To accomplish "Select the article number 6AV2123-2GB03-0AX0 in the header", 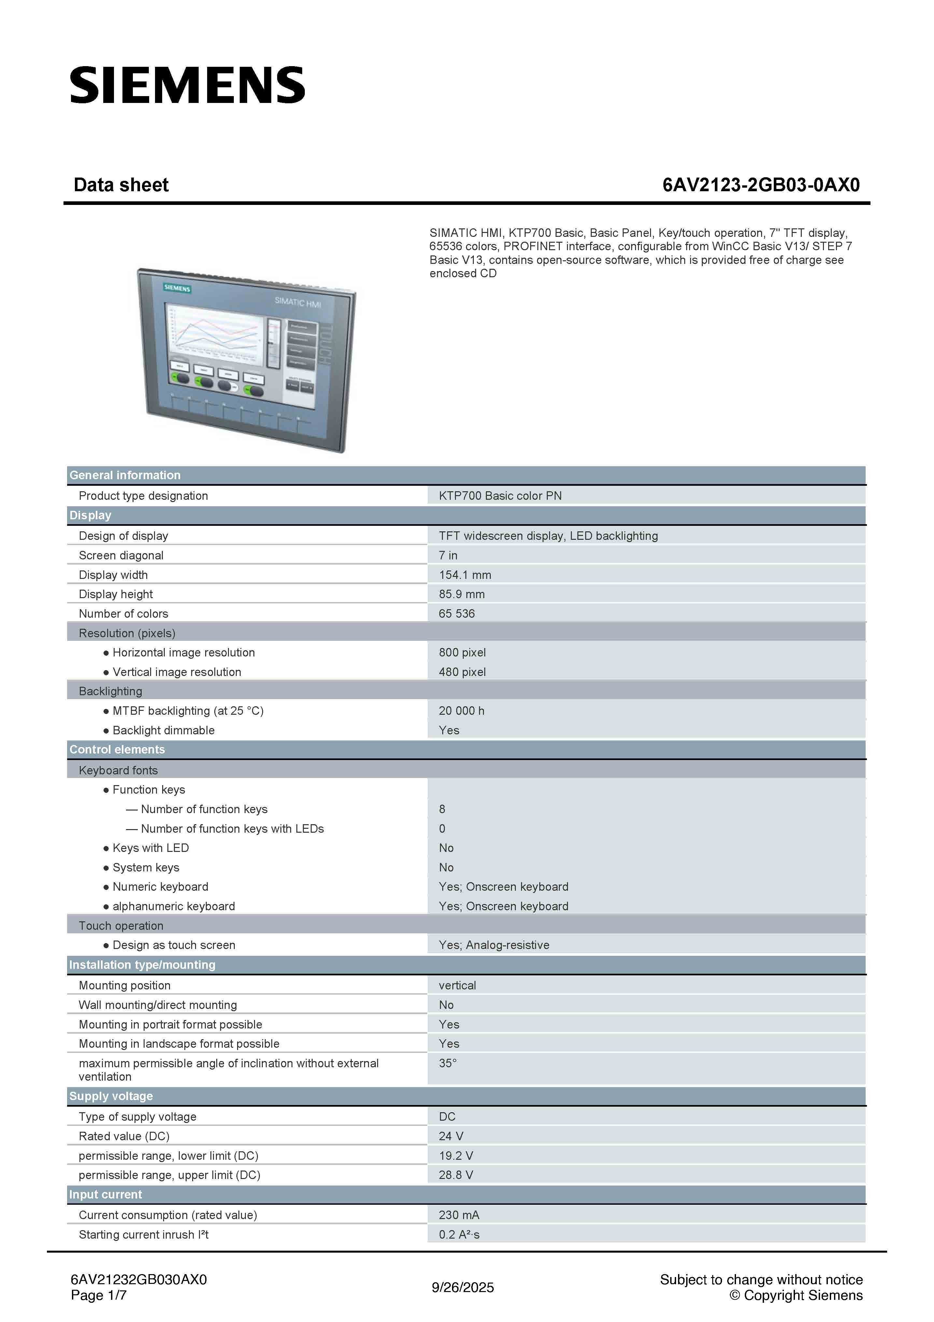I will tap(761, 185).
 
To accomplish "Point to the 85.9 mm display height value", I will tap(461, 594).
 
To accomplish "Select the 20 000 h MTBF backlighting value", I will tap(461, 711).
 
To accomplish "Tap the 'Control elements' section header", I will tap(117, 750).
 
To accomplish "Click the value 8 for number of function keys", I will tap(442, 809).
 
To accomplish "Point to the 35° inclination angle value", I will tap(447, 1063).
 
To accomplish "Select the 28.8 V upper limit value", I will tap(456, 1175).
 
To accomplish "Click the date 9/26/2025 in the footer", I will tap(463, 1287).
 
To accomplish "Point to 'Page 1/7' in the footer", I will tap(98, 1296).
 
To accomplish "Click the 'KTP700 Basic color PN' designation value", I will tap(500, 496).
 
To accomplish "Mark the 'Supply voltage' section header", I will tap(111, 1096).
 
